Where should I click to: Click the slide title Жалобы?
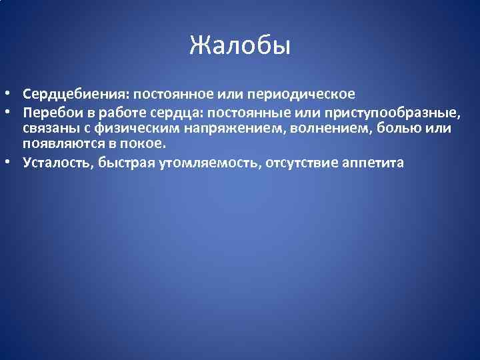pyautogui.click(x=240, y=46)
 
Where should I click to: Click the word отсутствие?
pyautogui.click(x=303, y=162)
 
